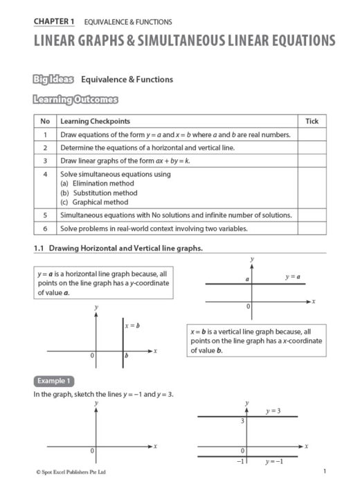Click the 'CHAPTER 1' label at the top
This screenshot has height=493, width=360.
tap(55, 22)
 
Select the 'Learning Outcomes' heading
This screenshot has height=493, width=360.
tap(75, 100)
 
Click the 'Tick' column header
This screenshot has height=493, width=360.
tap(312, 121)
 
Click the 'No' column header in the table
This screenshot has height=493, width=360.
tap(44, 121)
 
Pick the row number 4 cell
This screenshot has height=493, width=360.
tap(44, 174)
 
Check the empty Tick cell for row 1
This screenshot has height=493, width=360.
tap(312, 134)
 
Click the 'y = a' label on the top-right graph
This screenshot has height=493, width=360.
tap(293, 277)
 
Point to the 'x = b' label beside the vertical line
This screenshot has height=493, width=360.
tap(132, 325)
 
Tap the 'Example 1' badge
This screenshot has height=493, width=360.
tap(53, 381)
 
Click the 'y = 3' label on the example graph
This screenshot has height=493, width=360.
tap(274, 411)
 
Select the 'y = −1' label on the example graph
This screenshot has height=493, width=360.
tap(273, 462)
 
